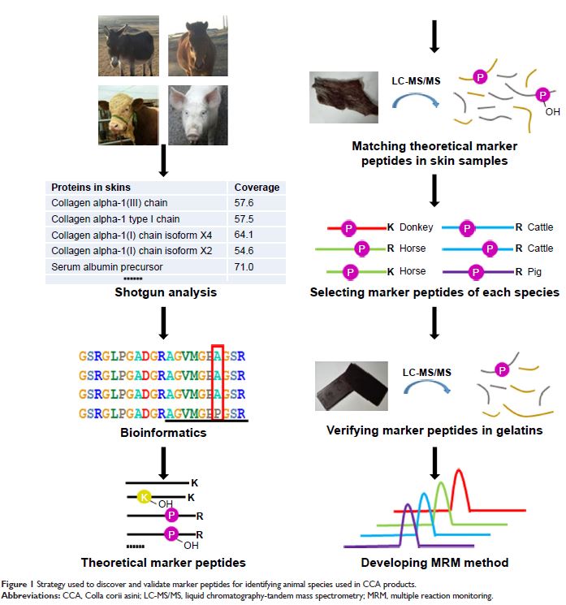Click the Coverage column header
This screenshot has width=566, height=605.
point(257,188)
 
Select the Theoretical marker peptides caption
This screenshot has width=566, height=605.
point(163,562)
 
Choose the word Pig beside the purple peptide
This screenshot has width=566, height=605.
point(536,271)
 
